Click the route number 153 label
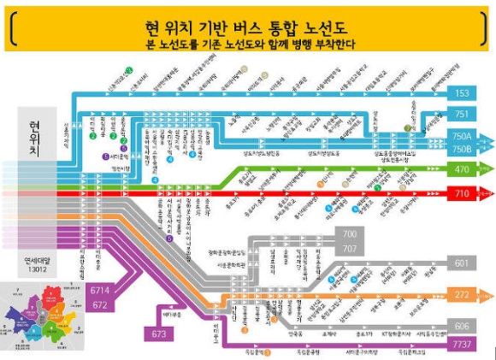(462, 92)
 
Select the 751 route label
(462, 115)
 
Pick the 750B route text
(462, 149)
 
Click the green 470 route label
(462, 170)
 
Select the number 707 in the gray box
(349, 248)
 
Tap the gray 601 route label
(462, 263)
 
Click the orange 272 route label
(462, 296)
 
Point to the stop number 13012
(37, 267)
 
